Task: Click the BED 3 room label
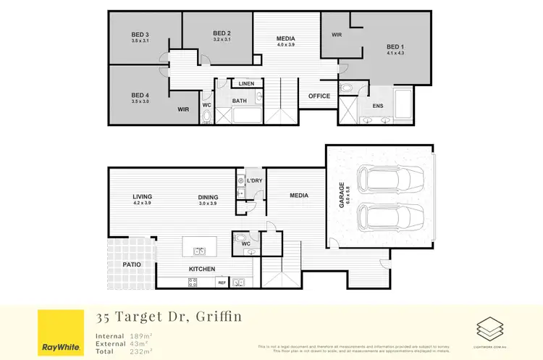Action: click(140, 35)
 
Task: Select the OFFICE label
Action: click(319, 96)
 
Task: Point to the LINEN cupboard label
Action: click(246, 84)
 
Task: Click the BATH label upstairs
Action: click(240, 101)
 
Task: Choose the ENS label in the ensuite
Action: click(378, 106)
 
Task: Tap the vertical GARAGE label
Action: click(342, 195)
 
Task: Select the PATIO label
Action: click(131, 264)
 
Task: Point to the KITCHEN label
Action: click(202, 269)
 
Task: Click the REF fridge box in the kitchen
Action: click(222, 282)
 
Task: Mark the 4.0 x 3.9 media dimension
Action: click(287, 45)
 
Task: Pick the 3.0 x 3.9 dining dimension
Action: click(208, 204)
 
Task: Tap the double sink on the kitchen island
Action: click(200, 251)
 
